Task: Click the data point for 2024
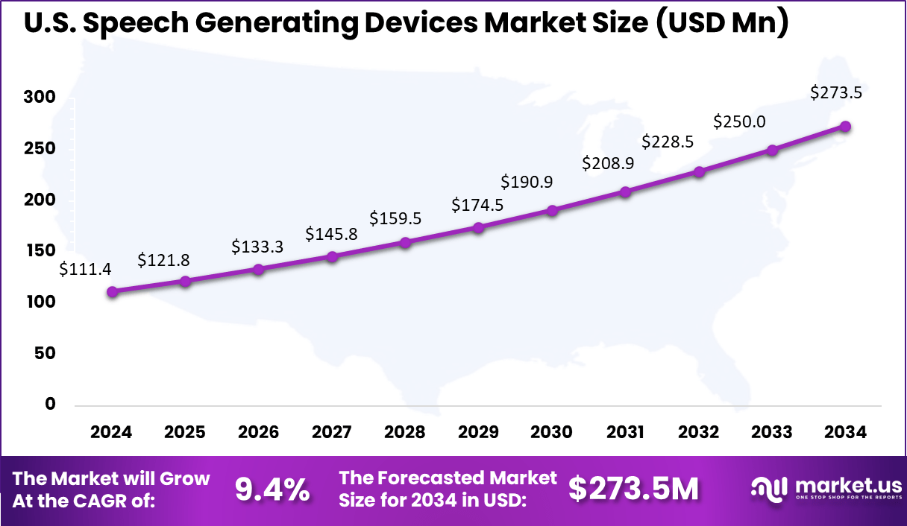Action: [112, 292]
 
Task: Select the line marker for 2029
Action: [479, 227]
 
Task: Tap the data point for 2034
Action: [846, 127]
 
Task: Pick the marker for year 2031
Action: [626, 192]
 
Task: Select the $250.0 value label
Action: [740, 121]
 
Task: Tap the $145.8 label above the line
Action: [331, 234]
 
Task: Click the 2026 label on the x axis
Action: [258, 432]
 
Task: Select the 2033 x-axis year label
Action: [773, 432]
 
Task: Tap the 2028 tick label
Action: [405, 432]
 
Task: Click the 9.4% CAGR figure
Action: [272, 489]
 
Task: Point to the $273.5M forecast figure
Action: [634, 489]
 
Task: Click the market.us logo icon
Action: [768, 489]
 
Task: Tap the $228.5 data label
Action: [667, 142]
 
